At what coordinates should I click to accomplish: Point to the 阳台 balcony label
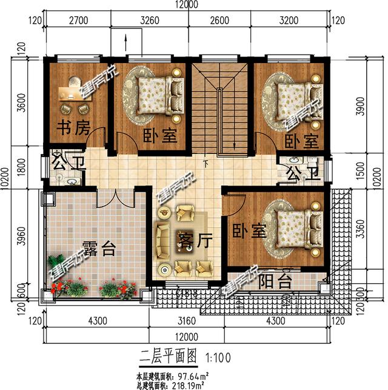point(276,281)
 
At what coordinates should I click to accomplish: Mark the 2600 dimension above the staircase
point(219,19)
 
